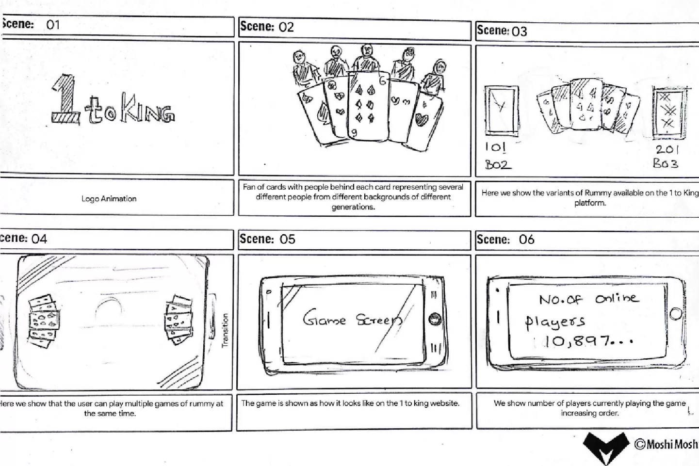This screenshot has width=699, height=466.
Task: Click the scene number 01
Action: [53, 25]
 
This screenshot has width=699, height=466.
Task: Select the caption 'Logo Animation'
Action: [109, 199]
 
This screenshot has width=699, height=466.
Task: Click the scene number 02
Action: [286, 27]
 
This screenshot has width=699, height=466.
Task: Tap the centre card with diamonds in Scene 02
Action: [368, 106]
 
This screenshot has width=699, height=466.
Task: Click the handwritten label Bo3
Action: [666, 163]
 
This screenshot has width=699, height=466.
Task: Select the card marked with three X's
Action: [668, 113]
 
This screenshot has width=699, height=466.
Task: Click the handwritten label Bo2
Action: [498, 164]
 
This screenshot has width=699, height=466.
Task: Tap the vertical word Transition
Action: [225, 330]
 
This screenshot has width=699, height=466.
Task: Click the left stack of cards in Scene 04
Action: [44, 321]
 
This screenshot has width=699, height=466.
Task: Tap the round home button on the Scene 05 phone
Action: [435, 319]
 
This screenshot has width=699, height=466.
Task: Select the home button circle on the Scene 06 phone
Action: [676, 314]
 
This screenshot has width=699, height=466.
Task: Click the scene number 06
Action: [526, 240]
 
